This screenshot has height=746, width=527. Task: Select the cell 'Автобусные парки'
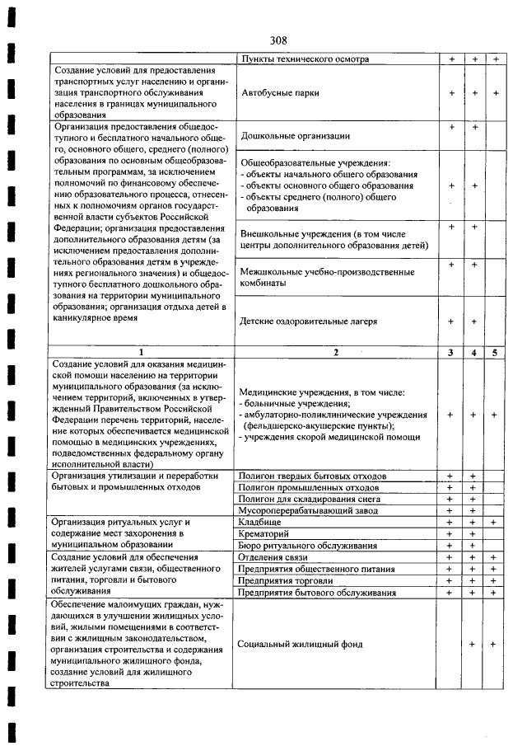280,93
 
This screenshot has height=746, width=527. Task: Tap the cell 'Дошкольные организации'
296,135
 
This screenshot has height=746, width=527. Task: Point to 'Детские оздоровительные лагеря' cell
309,321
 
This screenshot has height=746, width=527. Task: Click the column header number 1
142,353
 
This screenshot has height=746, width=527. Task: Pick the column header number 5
495,353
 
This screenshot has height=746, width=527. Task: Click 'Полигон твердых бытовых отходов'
312,476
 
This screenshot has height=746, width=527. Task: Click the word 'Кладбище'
259,522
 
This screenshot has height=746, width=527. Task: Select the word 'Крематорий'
263,533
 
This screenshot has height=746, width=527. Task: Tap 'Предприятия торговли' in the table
285,580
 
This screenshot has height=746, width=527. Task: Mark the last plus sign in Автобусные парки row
495,93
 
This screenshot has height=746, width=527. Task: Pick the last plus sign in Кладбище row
495,522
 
